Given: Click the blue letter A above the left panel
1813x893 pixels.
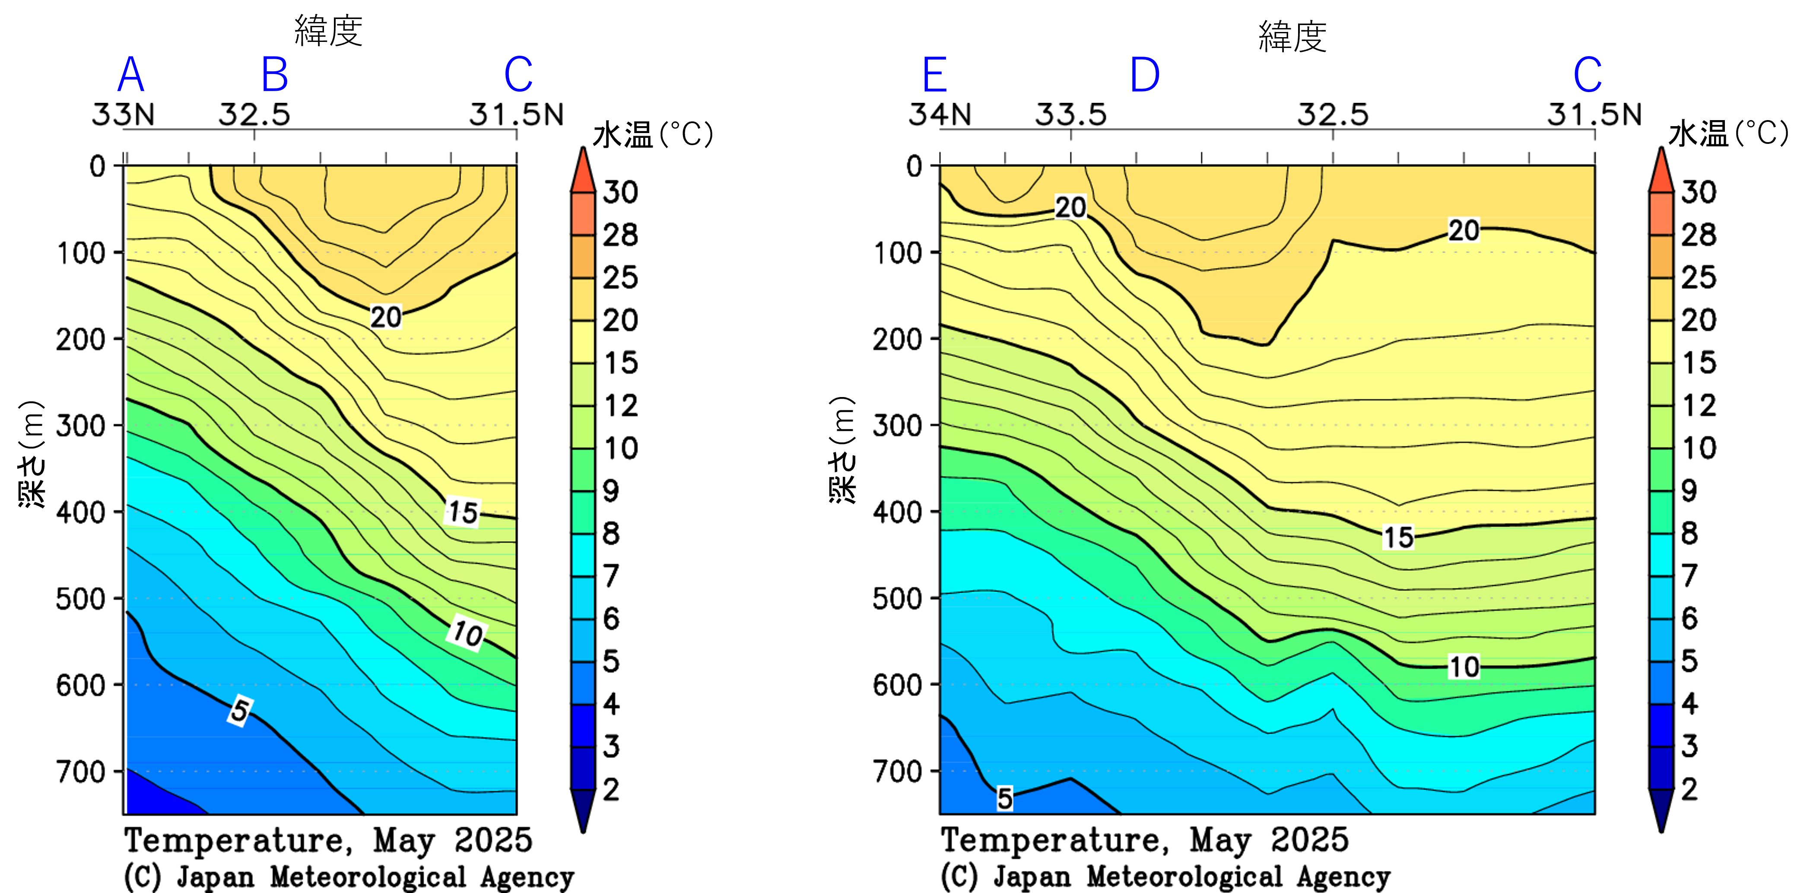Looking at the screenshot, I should pos(131,75).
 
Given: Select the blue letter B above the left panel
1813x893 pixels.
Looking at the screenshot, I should pos(274,75).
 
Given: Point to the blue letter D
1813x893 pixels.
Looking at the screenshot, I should pos(1144,75).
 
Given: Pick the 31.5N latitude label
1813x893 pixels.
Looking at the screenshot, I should pos(1594,115).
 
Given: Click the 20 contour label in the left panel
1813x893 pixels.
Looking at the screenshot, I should pos(386,318).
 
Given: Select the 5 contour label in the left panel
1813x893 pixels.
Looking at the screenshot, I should pos(240,711).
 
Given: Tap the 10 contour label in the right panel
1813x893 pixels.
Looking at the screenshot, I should pos(1464,667).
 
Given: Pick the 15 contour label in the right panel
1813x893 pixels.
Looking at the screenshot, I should pos(1398,537).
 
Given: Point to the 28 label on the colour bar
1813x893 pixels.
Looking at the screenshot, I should pos(1698,235).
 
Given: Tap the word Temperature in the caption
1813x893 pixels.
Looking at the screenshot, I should pos(1049,840).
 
